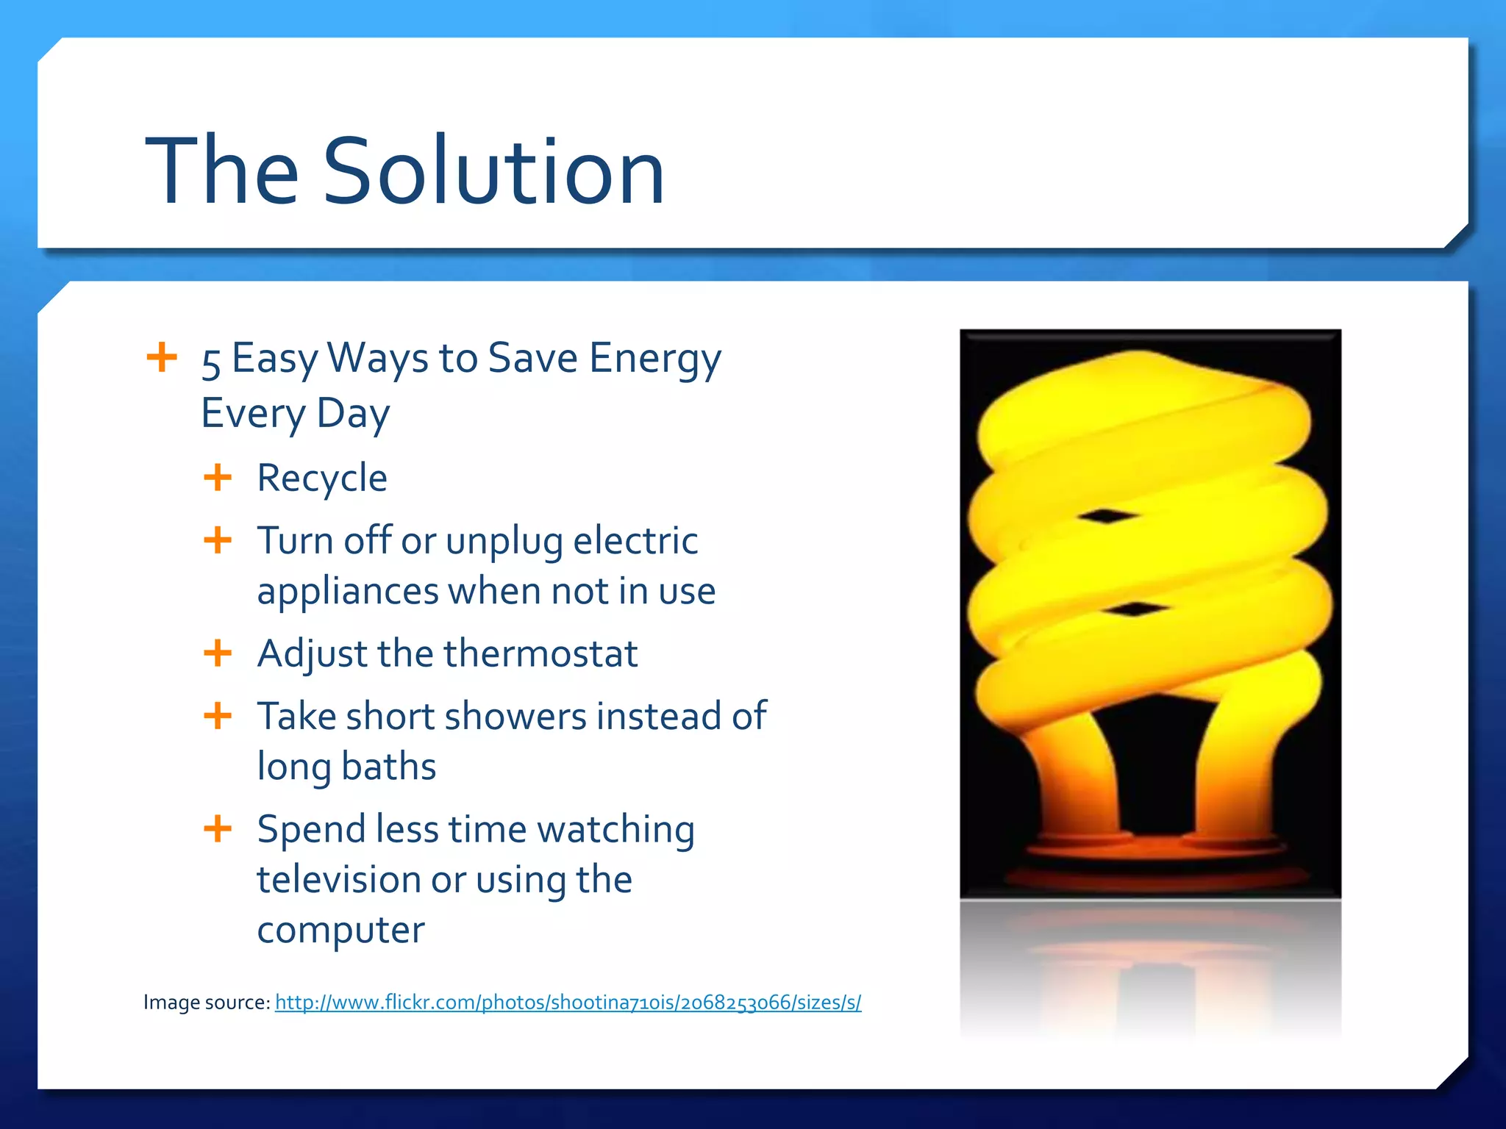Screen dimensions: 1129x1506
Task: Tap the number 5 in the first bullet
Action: [x=211, y=362]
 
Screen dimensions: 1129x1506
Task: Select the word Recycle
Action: [x=322, y=479]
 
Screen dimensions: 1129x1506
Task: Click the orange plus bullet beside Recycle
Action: [x=218, y=477]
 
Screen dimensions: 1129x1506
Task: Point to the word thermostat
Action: [x=540, y=653]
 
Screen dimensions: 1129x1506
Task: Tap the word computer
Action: [x=340, y=930]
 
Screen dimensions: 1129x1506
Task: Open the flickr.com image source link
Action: [x=568, y=1003]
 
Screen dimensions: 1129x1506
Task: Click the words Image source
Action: [x=207, y=1003]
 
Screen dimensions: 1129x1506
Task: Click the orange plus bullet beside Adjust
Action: [x=218, y=652]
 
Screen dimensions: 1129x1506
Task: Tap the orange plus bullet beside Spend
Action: [x=218, y=828]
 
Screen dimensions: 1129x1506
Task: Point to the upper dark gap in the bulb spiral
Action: [x=1105, y=516]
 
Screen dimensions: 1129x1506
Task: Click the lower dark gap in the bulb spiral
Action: [x=1135, y=609]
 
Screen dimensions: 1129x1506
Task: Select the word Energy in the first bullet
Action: [x=655, y=359]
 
